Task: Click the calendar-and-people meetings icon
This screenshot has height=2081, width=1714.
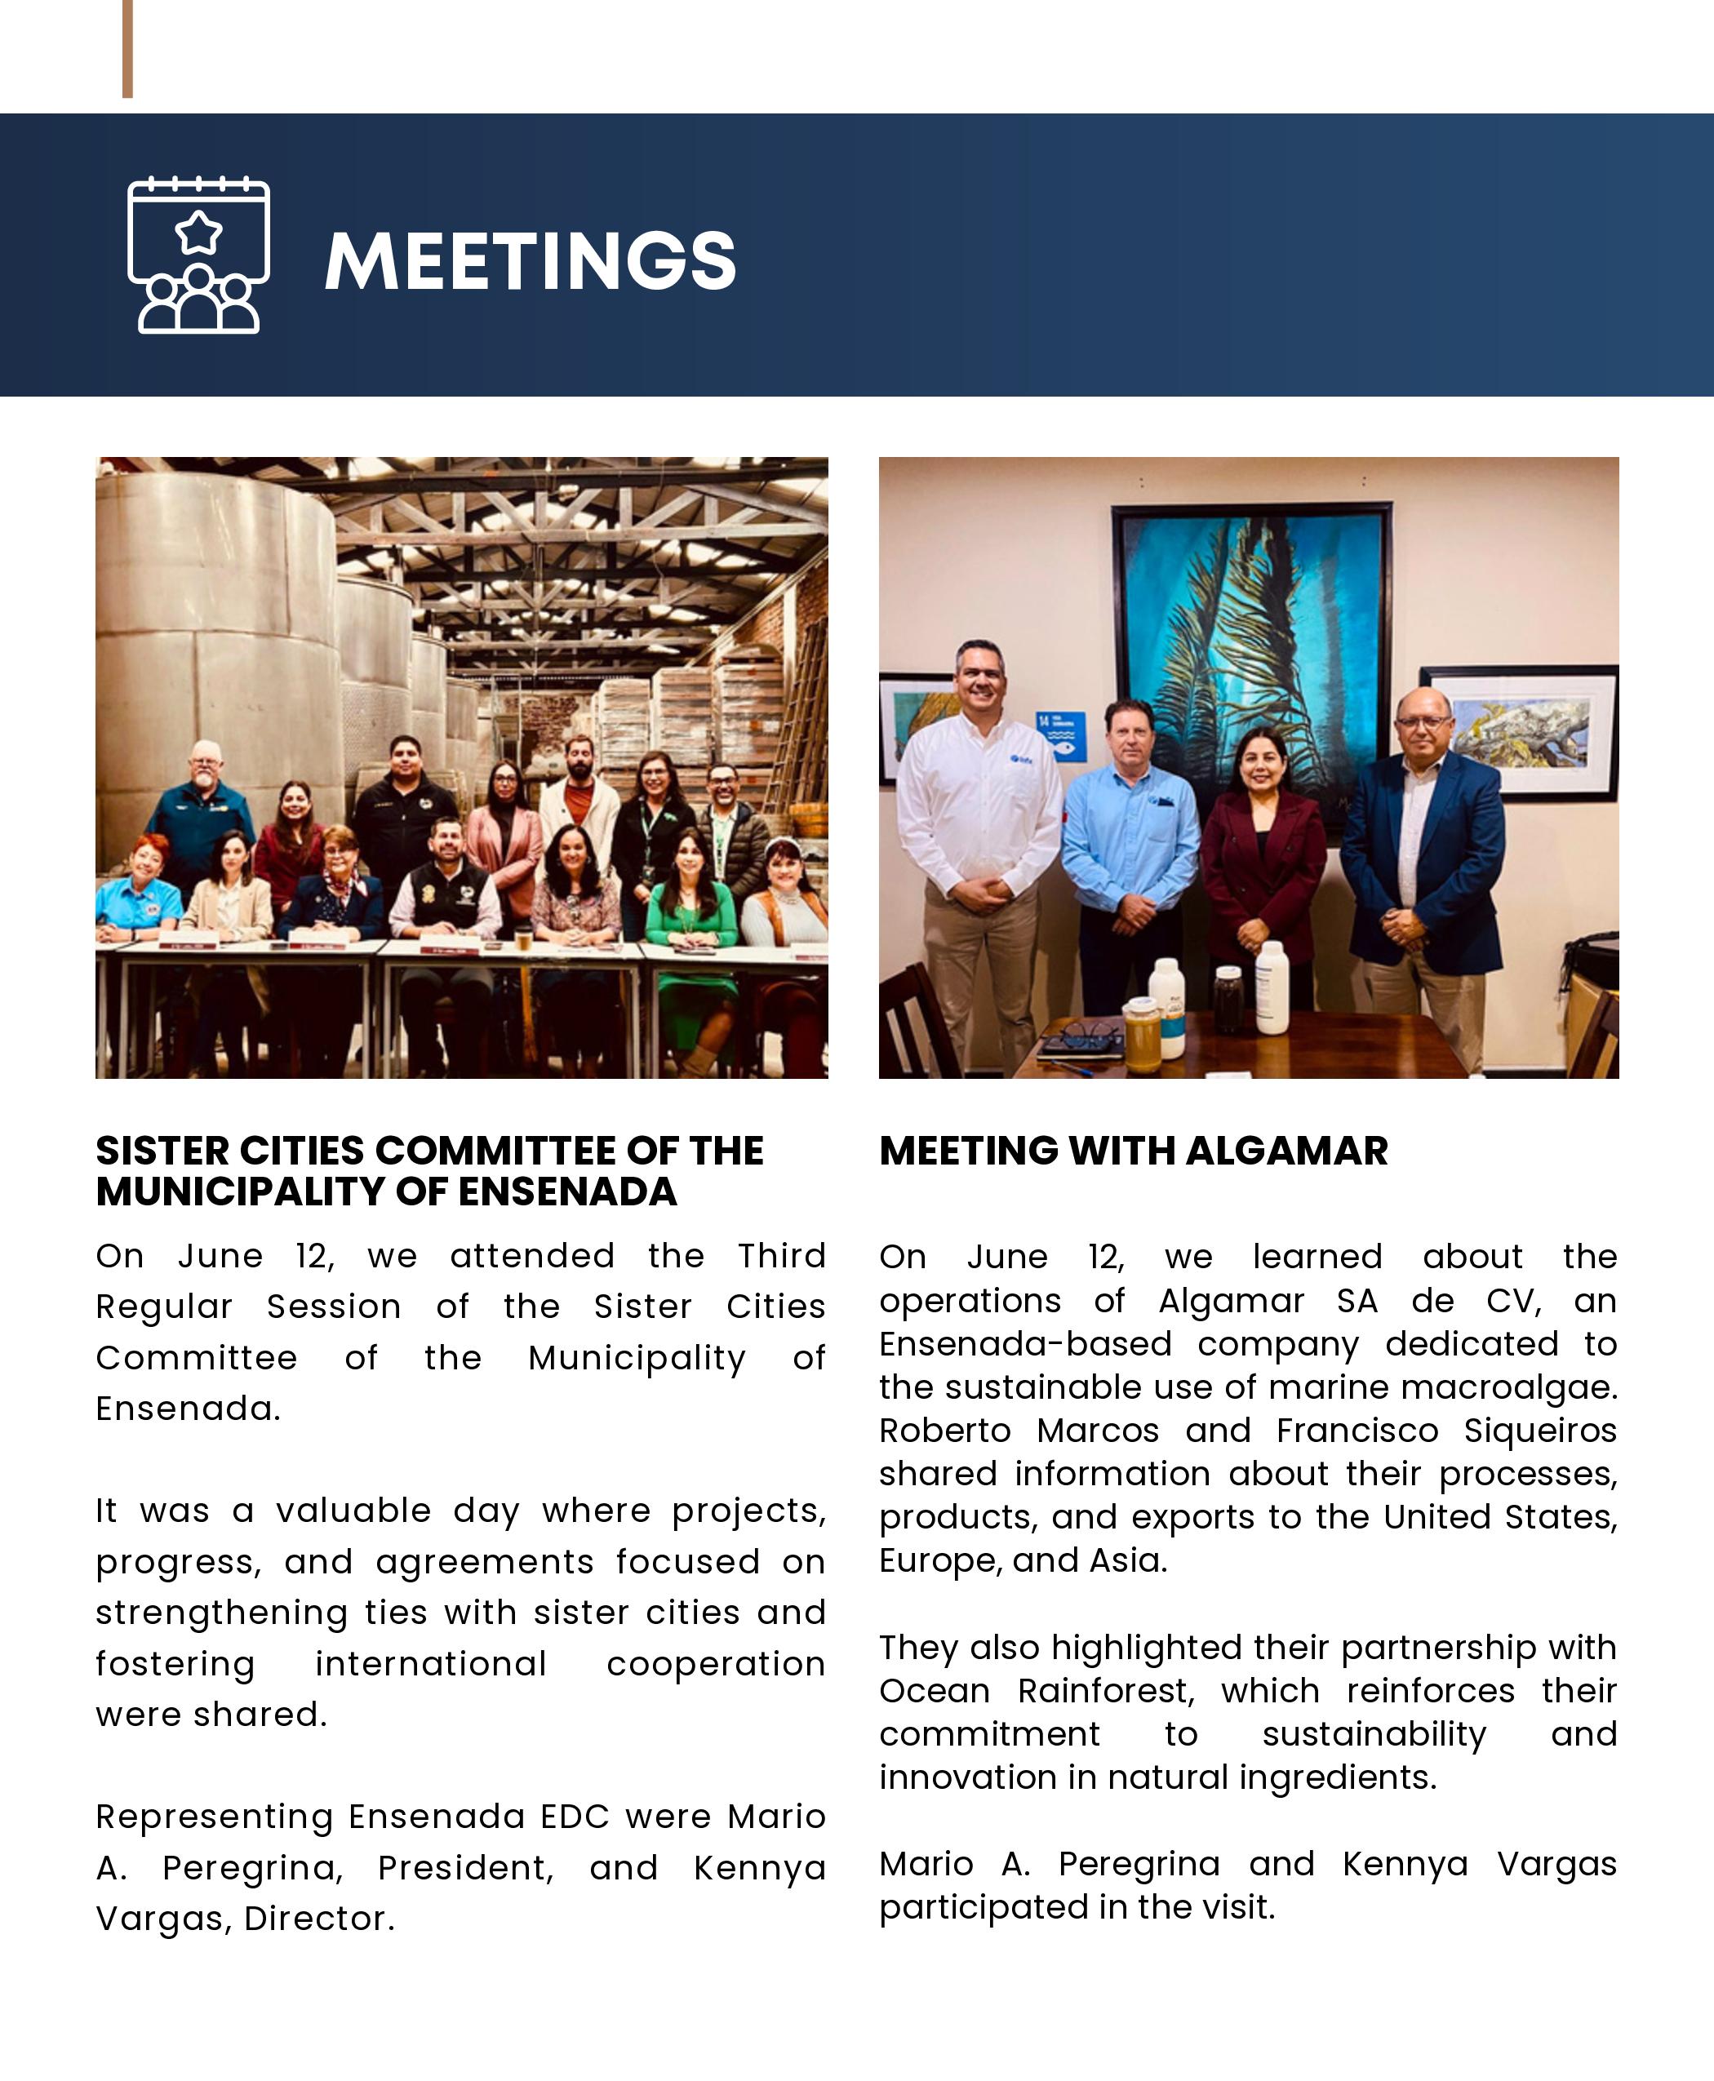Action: (x=198, y=255)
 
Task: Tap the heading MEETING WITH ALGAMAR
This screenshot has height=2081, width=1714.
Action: (x=1134, y=1151)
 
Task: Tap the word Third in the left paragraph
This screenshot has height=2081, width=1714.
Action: (x=781, y=1256)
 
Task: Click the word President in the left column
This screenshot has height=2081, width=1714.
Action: (x=466, y=1868)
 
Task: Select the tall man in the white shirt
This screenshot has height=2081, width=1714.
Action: (x=978, y=829)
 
